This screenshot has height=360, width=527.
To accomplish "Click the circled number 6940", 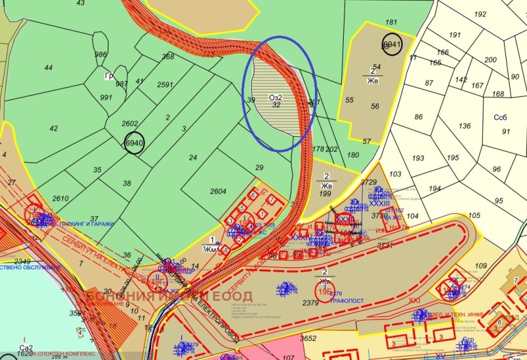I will point(134,143).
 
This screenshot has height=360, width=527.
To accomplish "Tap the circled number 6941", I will point(391,44).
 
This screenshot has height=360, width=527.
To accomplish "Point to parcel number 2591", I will point(165,84).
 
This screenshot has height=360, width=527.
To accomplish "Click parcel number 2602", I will point(130,124).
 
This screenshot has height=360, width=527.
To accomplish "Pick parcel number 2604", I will point(218,192).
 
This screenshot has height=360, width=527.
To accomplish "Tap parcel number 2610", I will point(61,198).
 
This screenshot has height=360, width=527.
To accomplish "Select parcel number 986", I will point(101,54).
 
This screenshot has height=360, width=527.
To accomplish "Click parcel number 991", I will point(106,97).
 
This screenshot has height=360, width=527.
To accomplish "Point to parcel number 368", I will point(168,57).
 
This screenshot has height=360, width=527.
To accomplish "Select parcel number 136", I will point(465,126).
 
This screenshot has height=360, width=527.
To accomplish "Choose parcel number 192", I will point(480,14).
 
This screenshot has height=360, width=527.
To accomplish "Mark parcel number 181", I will point(391,22).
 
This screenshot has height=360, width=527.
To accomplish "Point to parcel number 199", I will point(325,194).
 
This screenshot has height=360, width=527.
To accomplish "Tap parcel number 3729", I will point(369,182).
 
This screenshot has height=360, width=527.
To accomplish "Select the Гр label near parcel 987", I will point(108,75).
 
